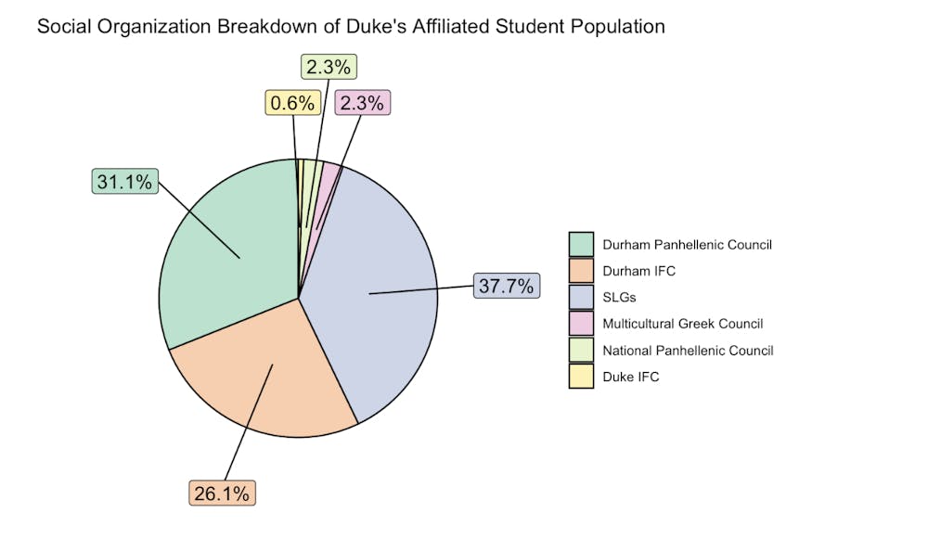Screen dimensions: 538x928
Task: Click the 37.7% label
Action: coord(506,286)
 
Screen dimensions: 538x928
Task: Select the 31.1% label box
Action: coord(124,182)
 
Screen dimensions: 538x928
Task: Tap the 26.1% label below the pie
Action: coord(222,493)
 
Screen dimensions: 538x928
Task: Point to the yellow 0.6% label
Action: coord(293,103)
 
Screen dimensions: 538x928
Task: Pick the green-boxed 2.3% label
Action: coord(329,67)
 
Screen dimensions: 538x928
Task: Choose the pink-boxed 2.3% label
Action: coord(362,103)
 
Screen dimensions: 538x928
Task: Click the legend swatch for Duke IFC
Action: coord(581,377)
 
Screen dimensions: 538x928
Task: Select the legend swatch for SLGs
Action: coord(581,297)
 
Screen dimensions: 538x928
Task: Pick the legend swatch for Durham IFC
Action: coord(581,271)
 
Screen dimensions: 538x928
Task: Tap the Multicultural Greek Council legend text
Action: coord(682,324)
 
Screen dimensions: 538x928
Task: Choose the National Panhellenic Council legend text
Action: coord(688,351)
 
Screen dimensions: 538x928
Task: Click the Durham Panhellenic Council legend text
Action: coord(687,245)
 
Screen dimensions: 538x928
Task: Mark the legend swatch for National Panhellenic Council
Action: coord(581,351)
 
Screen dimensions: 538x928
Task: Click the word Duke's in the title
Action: coord(372,27)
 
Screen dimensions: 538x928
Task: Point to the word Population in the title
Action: coord(621,27)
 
